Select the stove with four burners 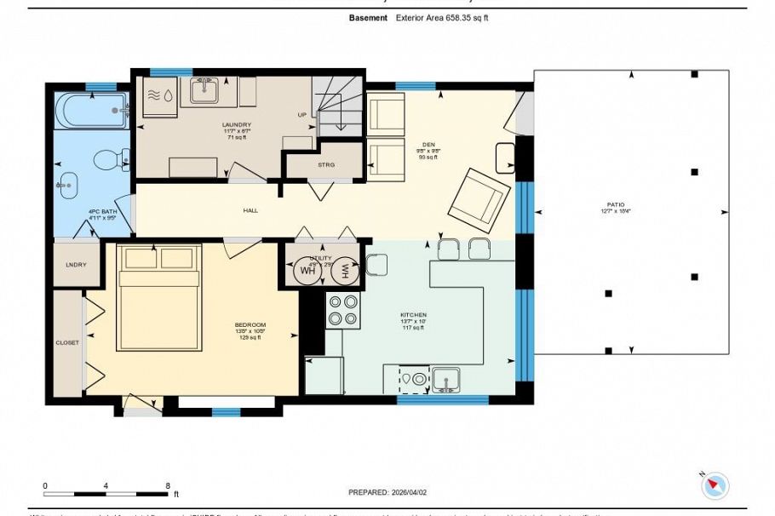[342, 310]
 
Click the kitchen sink [445, 378]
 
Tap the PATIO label [616, 204]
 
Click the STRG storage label [326, 165]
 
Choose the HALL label [250, 210]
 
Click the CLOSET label [67, 342]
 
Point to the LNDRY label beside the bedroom [76, 265]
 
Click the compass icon [715, 485]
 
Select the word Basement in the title [368, 17]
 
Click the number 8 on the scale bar [169, 485]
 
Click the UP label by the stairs [301, 115]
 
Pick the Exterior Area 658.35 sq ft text [441, 17]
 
